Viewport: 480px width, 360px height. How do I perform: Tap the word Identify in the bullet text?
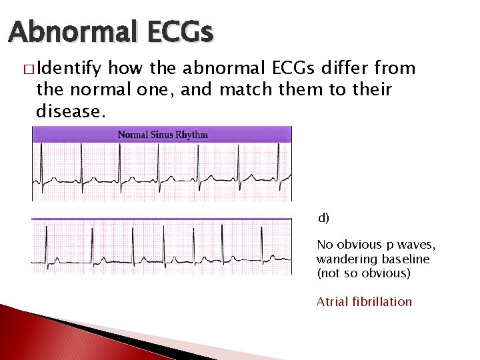pyautogui.click(x=70, y=68)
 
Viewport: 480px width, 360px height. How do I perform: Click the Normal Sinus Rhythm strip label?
pyautogui.click(x=163, y=135)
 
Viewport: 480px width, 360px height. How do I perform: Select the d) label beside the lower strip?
pyautogui.click(x=323, y=218)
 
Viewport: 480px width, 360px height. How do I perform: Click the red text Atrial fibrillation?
pyautogui.click(x=364, y=302)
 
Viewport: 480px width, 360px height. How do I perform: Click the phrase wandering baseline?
pyautogui.click(x=373, y=259)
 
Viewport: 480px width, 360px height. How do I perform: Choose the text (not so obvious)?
pyautogui.click(x=363, y=273)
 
